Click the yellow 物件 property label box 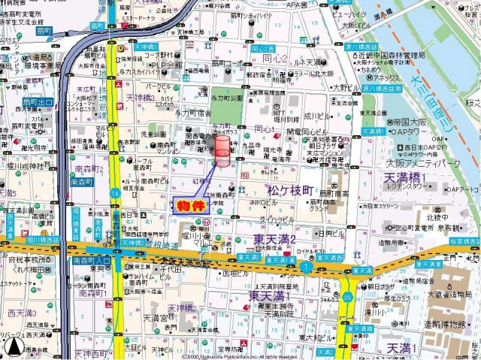pos(192,205)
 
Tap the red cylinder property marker pos(223,153)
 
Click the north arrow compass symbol pos(13,347)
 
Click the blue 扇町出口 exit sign pos(36,101)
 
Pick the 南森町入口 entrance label pos(91,260)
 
